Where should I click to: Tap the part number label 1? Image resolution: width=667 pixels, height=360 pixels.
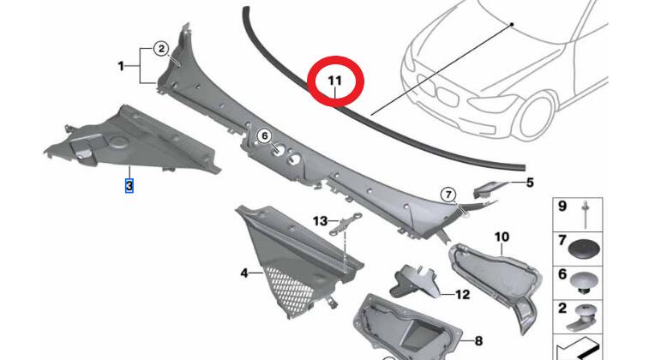[x=122, y=65]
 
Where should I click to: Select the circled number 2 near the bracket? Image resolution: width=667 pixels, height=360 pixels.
[x=160, y=49]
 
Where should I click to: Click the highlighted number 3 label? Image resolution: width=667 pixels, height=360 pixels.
[x=129, y=184]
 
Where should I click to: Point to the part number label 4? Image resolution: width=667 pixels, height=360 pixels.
[x=244, y=273]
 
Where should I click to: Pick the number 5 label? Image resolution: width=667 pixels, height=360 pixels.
[x=530, y=183]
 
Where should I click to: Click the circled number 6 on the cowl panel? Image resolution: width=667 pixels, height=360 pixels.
[x=264, y=135]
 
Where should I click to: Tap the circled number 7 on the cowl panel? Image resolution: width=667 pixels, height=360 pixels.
[x=448, y=195]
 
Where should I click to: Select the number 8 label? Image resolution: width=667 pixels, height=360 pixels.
[x=478, y=341]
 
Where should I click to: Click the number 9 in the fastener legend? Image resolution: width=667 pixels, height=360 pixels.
[x=562, y=207]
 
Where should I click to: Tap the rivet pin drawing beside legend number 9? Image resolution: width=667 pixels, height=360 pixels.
[x=586, y=209]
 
